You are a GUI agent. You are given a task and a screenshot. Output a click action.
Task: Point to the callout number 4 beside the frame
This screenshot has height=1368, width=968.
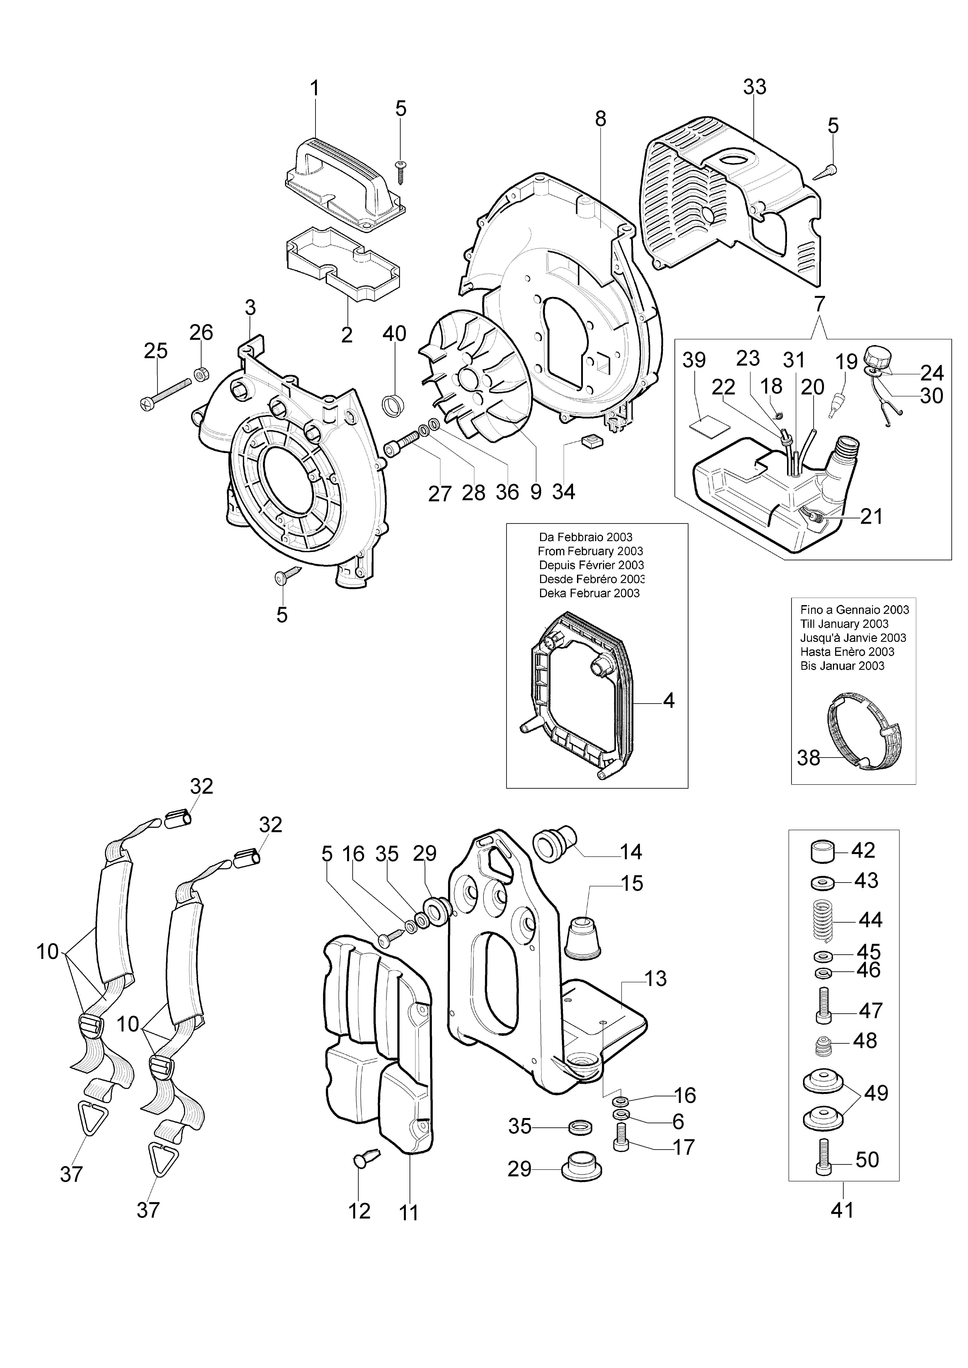click(669, 701)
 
